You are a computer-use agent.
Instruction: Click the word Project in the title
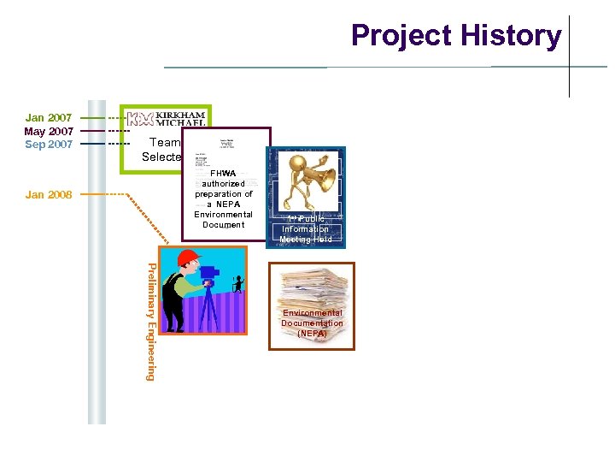(401, 36)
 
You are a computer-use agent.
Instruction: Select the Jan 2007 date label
(49, 117)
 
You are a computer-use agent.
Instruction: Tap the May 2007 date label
(49, 131)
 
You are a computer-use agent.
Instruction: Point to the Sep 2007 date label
(49, 144)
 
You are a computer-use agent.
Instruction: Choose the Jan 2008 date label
(49, 195)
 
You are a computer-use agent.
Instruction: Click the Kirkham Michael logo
(167, 118)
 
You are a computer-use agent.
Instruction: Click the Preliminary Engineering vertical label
(151, 321)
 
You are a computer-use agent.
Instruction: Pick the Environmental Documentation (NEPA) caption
(312, 323)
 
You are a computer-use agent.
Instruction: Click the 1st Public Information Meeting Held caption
(305, 229)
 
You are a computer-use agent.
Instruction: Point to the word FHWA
(223, 173)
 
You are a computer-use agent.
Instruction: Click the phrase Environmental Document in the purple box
(223, 220)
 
